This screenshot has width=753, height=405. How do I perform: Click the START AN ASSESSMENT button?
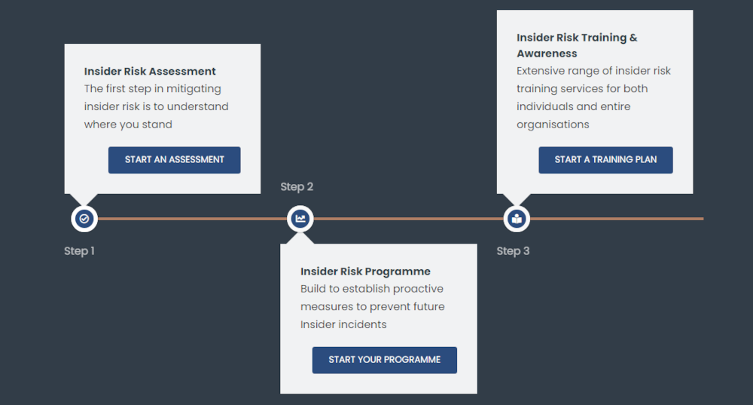tap(175, 160)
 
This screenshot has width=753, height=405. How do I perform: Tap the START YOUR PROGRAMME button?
tap(385, 360)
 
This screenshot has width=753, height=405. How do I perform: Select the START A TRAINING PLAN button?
tap(605, 160)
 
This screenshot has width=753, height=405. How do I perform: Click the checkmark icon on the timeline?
tap(84, 219)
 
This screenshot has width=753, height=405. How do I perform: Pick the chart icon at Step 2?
tap(300, 219)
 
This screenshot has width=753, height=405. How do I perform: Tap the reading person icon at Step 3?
tap(517, 219)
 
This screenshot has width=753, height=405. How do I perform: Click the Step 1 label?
tap(79, 251)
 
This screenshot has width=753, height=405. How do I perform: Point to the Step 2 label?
tap(297, 186)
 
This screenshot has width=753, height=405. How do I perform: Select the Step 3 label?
tap(513, 251)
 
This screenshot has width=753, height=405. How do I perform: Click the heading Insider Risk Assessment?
tap(150, 71)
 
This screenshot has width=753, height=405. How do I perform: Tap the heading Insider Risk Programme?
tap(365, 272)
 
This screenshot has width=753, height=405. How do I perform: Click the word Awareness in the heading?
tap(547, 54)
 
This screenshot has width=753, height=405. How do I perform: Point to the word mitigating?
tap(194, 89)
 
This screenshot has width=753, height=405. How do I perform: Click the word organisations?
tap(553, 124)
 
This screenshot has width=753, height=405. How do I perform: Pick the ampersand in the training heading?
tap(633, 38)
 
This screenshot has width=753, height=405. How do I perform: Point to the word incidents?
tap(363, 324)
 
